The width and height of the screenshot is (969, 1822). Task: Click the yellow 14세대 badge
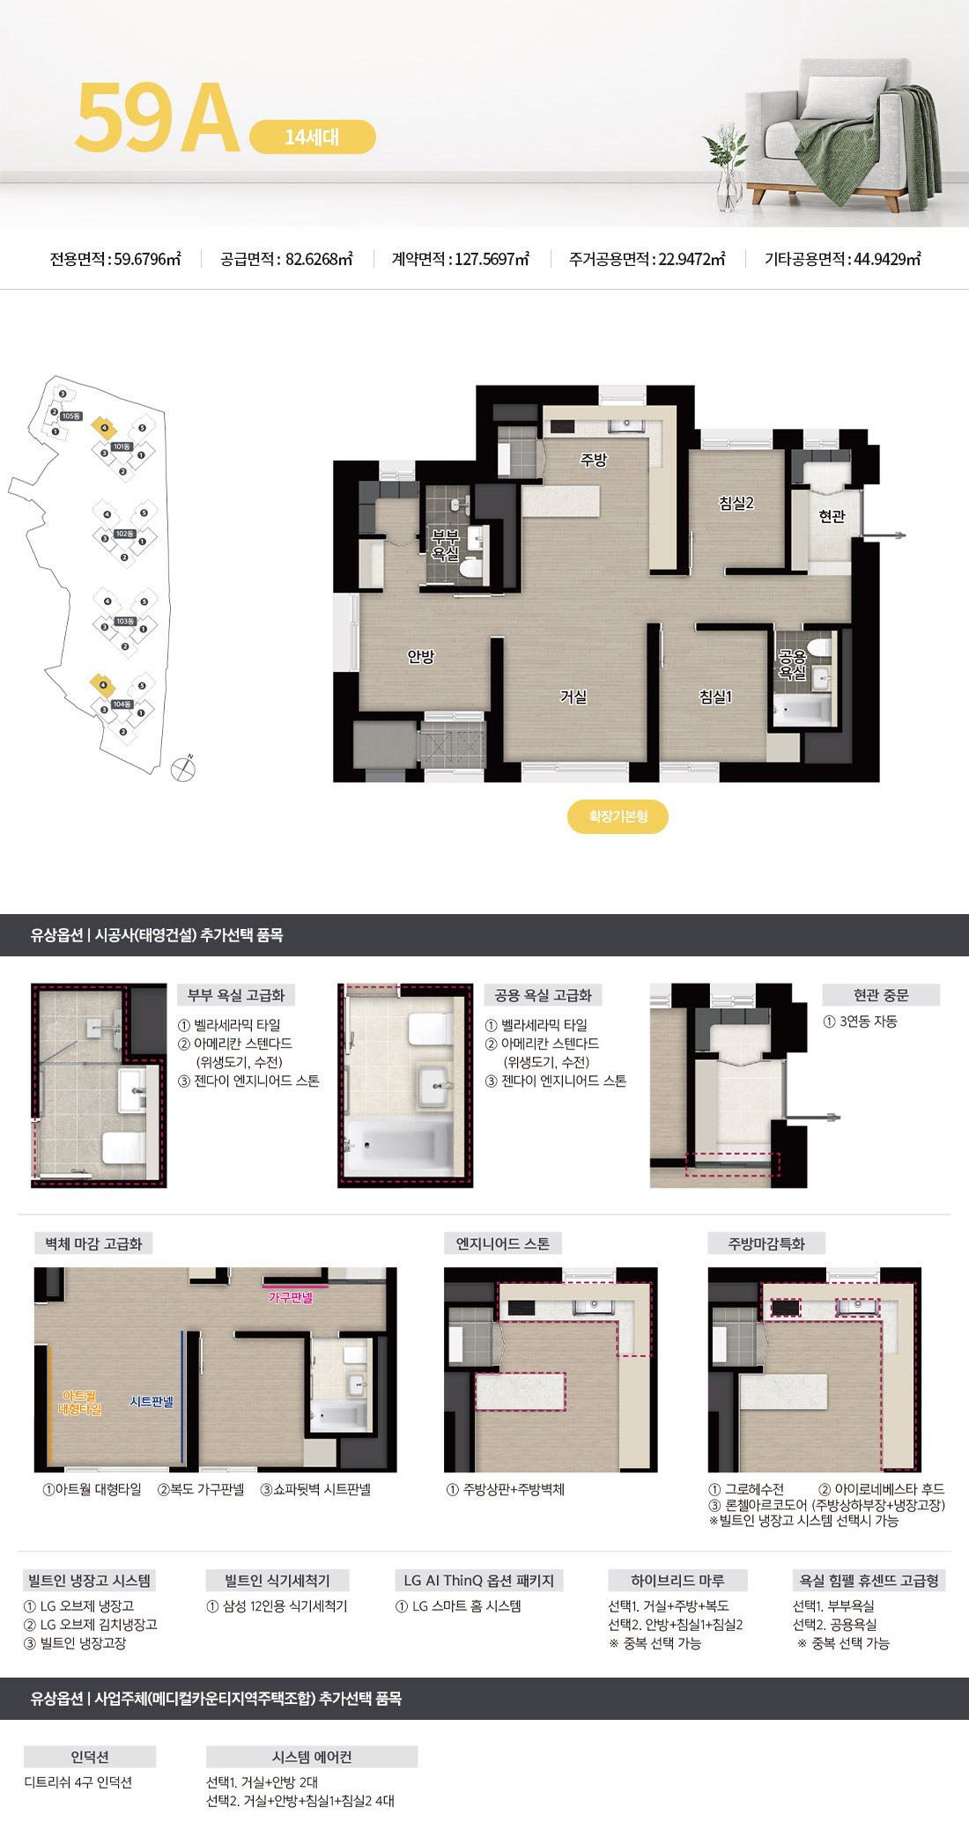click(x=313, y=137)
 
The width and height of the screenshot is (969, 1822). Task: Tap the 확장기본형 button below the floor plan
click(x=618, y=816)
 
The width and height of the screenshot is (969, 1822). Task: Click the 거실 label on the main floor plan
click(x=573, y=697)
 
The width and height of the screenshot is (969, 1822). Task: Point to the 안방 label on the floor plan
click(x=421, y=656)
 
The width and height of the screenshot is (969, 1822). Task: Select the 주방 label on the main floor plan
click(x=594, y=459)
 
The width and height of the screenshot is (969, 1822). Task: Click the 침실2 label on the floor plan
click(x=736, y=503)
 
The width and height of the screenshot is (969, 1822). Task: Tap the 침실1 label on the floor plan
click(x=715, y=697)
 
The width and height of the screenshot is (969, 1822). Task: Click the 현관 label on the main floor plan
click(x=832, y=516)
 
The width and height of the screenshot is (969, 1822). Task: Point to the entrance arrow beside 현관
click(x=885, y=535)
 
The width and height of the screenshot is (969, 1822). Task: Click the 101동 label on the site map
click(x=122, y=446)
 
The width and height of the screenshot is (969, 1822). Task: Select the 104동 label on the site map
click(x=122, y=704)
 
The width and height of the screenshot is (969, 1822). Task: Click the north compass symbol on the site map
click(x=183, y=768)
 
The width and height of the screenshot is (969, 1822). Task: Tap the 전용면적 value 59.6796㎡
click(x=147, y=259)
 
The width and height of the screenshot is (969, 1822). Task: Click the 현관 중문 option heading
click(x=880, y=995)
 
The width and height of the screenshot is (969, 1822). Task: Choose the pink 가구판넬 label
click(x=291, y=1297)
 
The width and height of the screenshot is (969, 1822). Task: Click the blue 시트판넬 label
click(x=152, y=1401)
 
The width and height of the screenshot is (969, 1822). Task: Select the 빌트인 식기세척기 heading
click(x=277, y=1581)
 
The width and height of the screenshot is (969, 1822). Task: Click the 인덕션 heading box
click(x=90, y=1757)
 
